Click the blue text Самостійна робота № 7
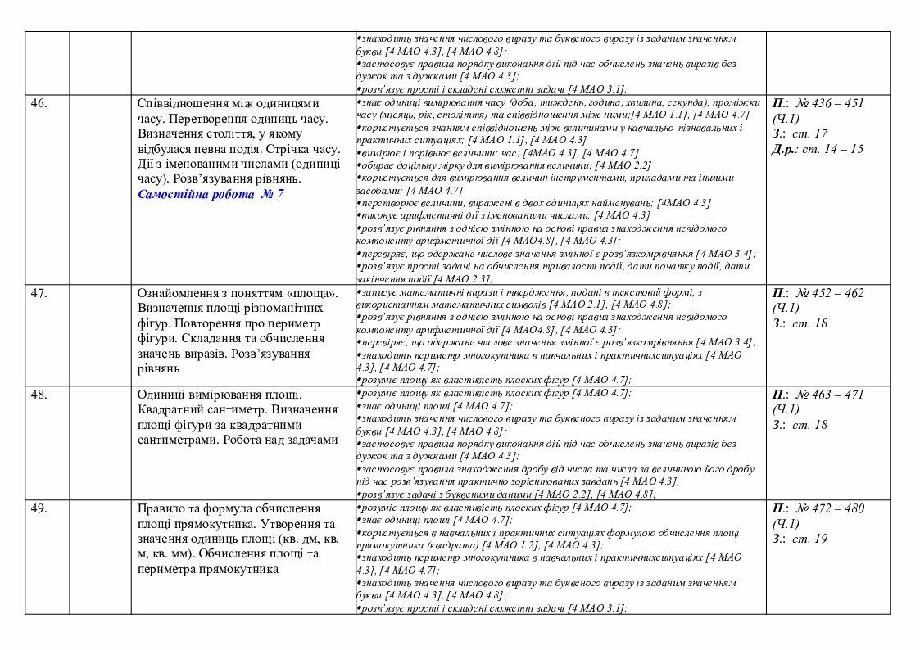[x=211, y=194]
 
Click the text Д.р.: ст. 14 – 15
[x=818, y=149]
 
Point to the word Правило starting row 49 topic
[x=161, y=509]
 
